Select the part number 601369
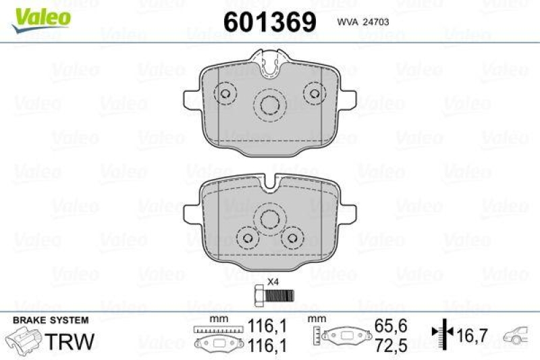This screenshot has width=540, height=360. click(x=269, y=22)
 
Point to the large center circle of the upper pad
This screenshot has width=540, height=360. click(x=271, y=107)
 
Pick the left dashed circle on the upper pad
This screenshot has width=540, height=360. click(x=225, y=94)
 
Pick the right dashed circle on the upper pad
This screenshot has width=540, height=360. click(x=313, y=94)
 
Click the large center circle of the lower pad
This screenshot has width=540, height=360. click(x=271, y=219)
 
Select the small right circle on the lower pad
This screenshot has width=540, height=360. click(x=292, y=237)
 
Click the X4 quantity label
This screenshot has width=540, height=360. click(x=273, y=282)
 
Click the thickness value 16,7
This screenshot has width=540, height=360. click(x=473, y=334)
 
